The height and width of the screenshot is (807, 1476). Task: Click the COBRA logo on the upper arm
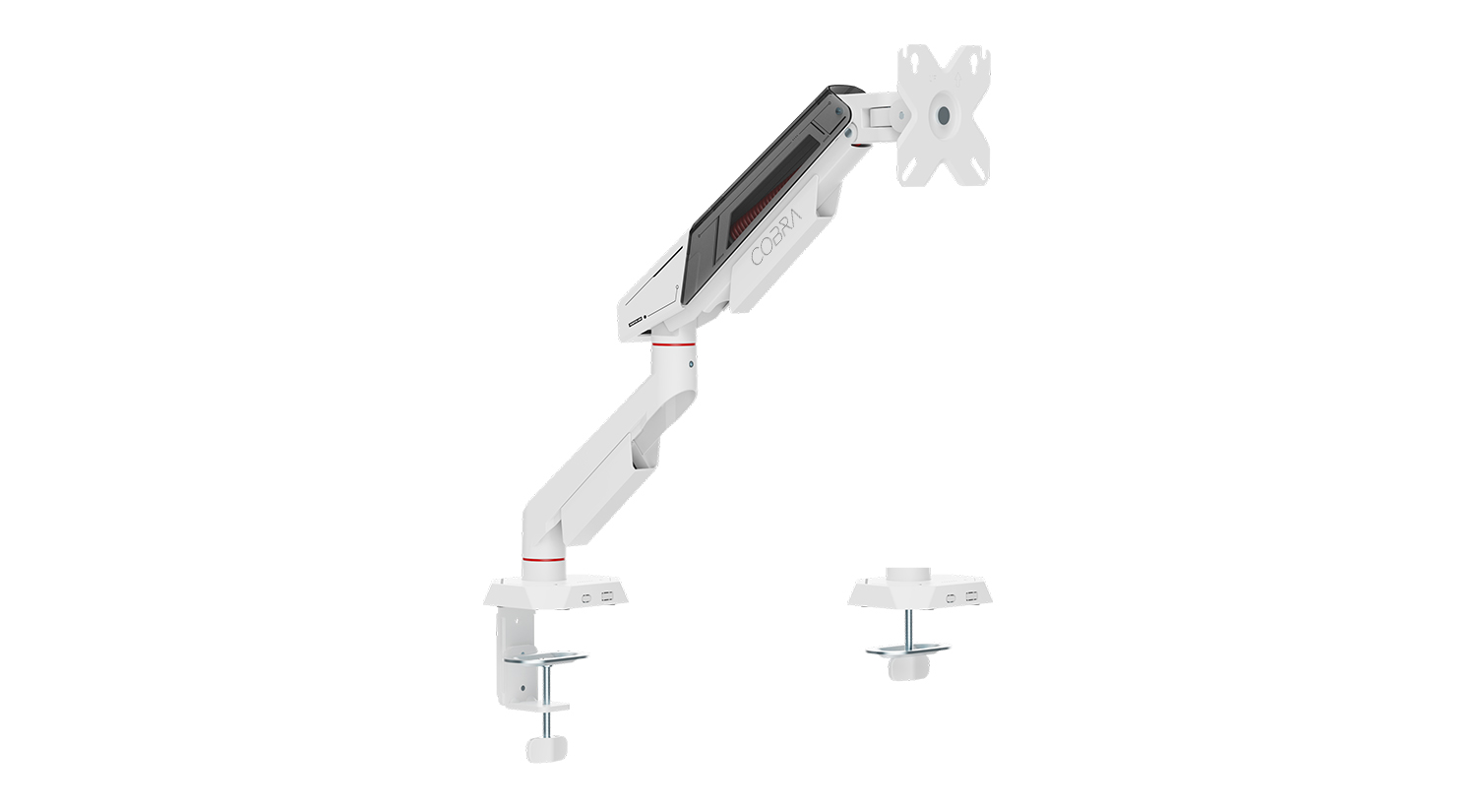tap(777, 236)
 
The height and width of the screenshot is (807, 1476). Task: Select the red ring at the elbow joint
tap(673, 343)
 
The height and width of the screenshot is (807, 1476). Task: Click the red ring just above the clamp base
tap(543, 559)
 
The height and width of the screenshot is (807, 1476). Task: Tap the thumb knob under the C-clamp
tap(546, 748)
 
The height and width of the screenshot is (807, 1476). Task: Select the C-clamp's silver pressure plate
tap(545, 658)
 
